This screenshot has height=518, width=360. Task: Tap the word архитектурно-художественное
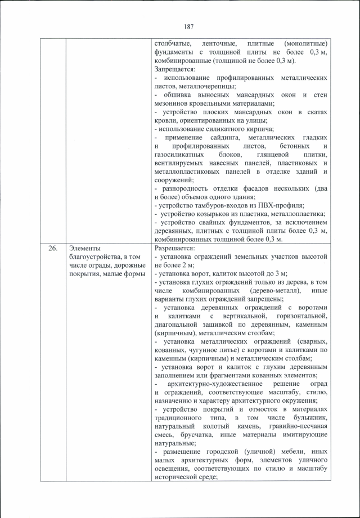pos(209,384)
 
